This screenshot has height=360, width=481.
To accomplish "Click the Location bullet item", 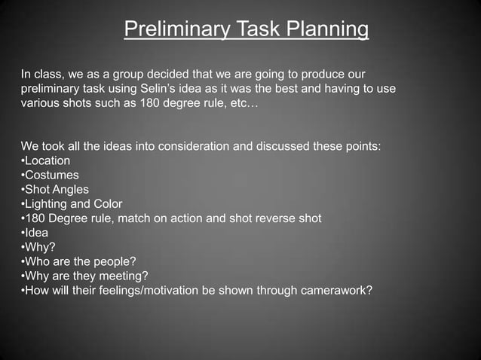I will click(47, 160).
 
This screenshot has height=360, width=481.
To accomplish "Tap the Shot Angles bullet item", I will click(56, 190).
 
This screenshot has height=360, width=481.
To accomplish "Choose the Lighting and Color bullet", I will click(73, 204).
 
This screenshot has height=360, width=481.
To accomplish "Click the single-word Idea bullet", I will click(36, 233).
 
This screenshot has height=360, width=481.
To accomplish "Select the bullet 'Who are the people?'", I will click(80, 261).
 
